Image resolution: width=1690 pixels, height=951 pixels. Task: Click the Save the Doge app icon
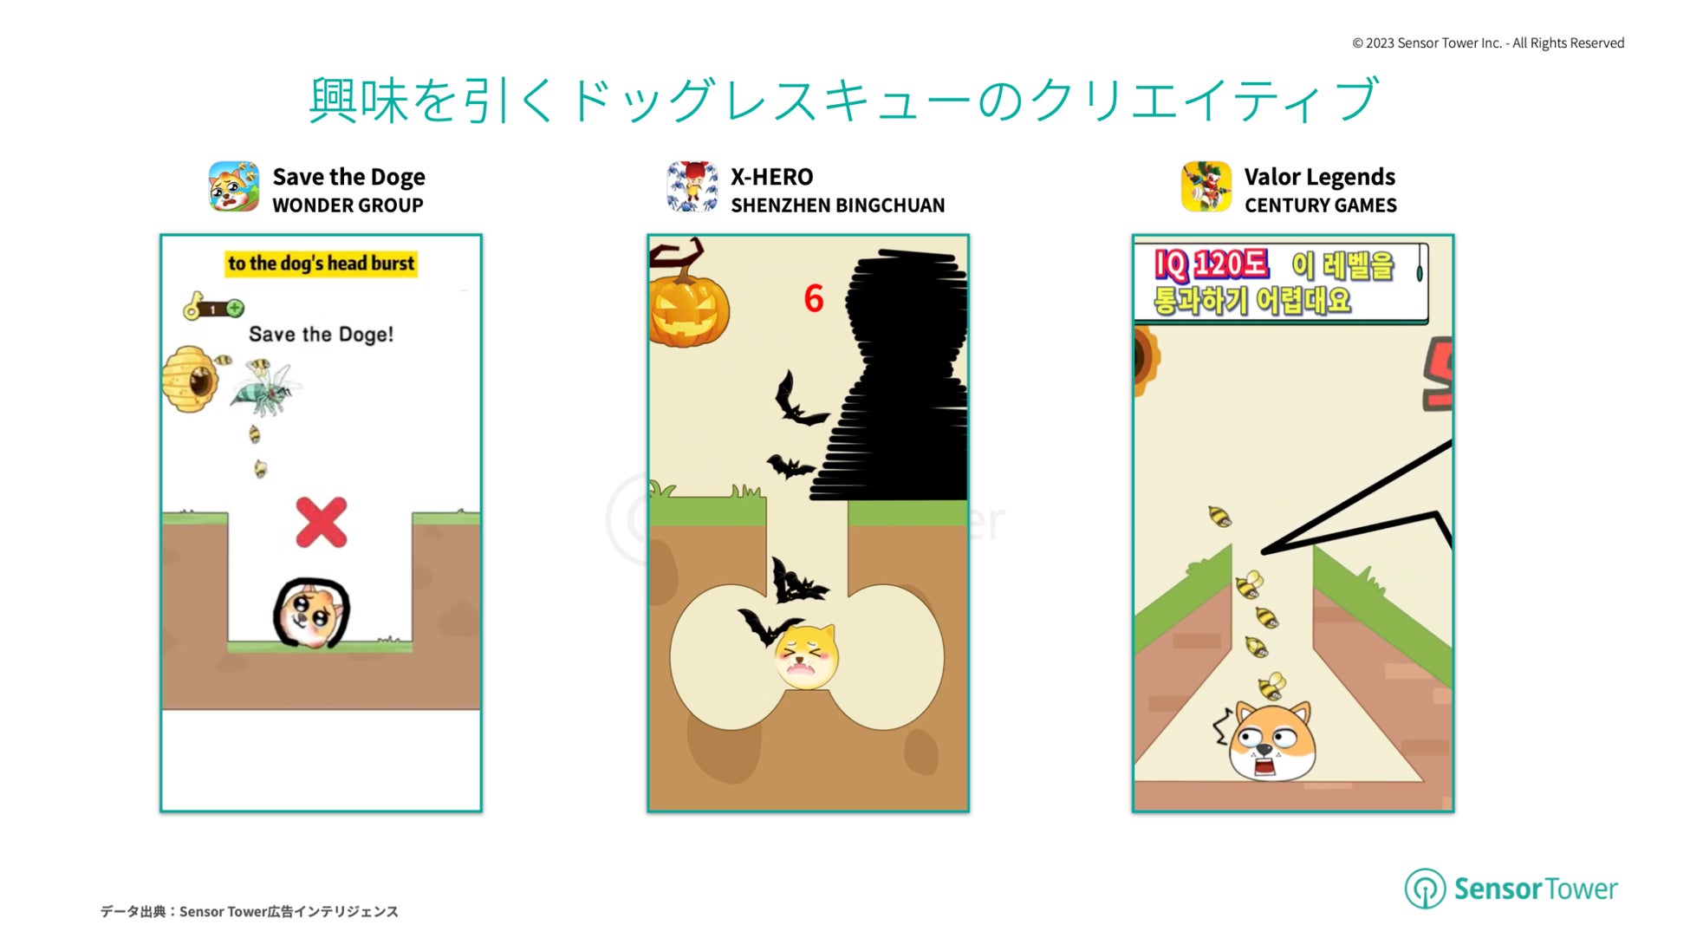[x=234, y=186]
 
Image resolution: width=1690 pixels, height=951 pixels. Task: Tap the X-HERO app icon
[x=692, y=186]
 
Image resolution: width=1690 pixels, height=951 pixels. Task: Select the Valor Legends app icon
[x=1206, y=186]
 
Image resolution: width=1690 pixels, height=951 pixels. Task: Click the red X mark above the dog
[x=322, y=523]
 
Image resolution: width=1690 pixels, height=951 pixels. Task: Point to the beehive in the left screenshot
[x=190, y=379]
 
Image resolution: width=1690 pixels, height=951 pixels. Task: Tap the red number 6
[x=813, y=299]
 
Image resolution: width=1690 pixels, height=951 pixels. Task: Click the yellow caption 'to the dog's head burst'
[x=322, y=264]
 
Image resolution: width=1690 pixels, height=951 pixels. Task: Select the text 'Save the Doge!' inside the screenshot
[x=321, y=335]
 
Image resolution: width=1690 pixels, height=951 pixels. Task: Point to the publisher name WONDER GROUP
[x=348, y=205]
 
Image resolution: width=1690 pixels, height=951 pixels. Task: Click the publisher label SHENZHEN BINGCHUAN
[x=837, y=205]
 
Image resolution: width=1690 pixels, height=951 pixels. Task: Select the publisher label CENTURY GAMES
[x=1321, y=205]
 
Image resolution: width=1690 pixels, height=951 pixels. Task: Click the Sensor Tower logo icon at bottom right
[x=1425, y=889]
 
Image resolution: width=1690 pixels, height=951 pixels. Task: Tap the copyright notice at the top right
[x=1488, y=43]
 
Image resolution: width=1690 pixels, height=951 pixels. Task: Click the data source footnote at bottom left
[x=250, y=911]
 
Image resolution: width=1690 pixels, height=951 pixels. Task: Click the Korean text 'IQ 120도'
[x=1211, y=264]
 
